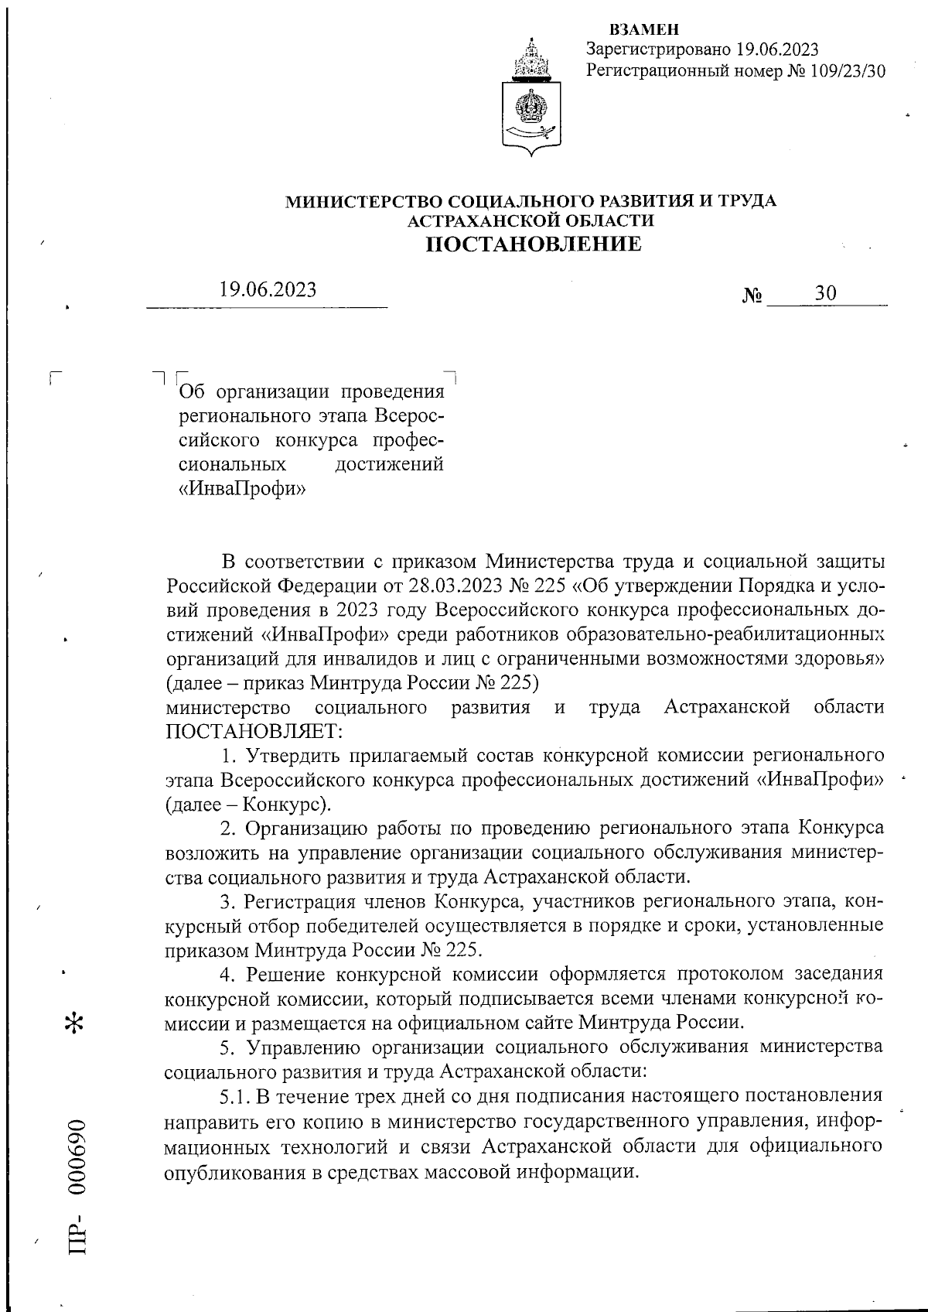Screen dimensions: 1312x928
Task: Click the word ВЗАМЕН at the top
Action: [x=644, y=30]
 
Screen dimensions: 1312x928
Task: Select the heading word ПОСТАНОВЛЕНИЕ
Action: [x=534, y=244]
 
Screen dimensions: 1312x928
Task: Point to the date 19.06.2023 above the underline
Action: [x=268, y=290]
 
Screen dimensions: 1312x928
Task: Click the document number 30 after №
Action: [x=825, y=294]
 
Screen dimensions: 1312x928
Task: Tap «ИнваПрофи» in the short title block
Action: [x=241, y=490]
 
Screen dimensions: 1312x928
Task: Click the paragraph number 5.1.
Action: [x=234, y=1096]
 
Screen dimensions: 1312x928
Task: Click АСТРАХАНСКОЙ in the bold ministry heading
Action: [x=470, y=221]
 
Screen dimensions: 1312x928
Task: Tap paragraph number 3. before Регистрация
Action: [x=227, y=902]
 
